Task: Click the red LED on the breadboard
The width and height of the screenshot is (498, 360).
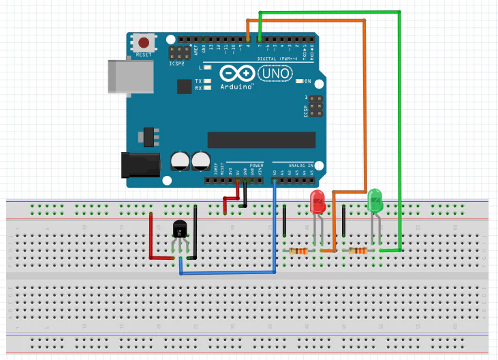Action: click(x=317, y=202)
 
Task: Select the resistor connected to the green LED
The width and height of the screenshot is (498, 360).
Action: click(x=358, y=252)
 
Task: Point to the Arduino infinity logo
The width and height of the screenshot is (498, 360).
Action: click(x=235, y=74)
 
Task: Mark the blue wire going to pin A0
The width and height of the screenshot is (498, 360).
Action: click(x=275, y=225)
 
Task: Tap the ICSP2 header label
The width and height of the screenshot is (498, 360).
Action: click(x=176, y=63)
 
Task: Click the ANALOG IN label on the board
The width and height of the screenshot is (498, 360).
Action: click(x=300, y=166)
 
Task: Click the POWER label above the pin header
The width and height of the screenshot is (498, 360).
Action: click(x=255, y=166)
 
